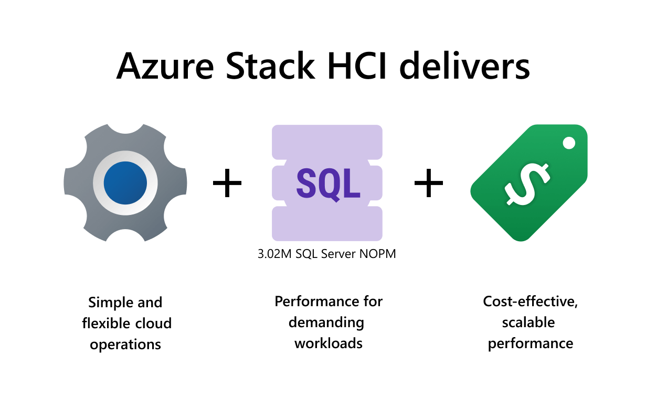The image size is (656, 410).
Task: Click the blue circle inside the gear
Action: pyautogui.click(x=125, y=182)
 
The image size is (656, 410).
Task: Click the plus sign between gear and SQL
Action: pyautogui.click(x=227, y=183)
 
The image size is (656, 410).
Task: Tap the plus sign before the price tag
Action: pyautogui.click(x=429, y=183)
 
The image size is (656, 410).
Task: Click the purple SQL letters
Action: pyautogui.click(x=328, y=183)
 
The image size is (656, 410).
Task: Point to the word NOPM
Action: pyautogui.click(x=377, y=254)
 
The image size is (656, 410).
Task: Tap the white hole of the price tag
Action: pyautogui.click(x=568, y=143)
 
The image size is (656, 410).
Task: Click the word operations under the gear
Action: pyautogui.click(x=125, y=344)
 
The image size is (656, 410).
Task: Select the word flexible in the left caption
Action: pyautogui.click(x=103, y=323)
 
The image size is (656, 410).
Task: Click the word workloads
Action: pyautogui.click(x=328, y=343)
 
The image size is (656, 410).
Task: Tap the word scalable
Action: pyautogui.click(x=528, y=322)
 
